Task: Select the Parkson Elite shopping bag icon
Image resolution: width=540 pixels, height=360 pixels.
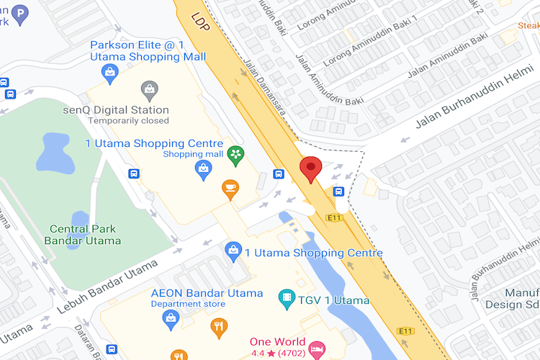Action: (x=109, y=71)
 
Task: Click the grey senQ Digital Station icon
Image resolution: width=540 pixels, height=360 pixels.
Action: (x=149, y=91)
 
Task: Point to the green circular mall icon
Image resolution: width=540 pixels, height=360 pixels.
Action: (x=235, y=153)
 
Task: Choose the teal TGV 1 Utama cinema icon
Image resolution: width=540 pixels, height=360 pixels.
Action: (x=287, y=297)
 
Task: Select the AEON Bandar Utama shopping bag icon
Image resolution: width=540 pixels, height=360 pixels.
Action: (x=171, y=320)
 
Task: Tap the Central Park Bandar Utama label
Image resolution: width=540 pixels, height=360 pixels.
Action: (x=85, y=235)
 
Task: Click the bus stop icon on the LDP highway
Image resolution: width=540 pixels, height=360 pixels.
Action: (x=338, y=192)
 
